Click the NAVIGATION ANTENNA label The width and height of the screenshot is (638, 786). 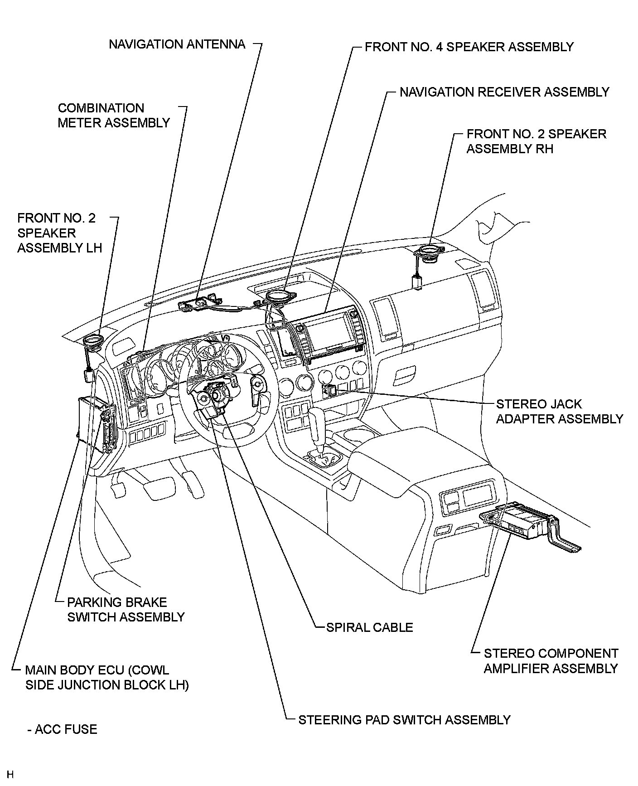[x=177, y=44]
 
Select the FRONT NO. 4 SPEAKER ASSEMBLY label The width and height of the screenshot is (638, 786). [x=469, y=47]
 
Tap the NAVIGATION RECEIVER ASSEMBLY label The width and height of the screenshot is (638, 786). [x=504, y=92]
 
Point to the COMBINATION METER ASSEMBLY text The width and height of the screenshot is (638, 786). [x=114, y=115]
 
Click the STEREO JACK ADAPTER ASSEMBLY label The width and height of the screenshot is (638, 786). [x=559, y=411]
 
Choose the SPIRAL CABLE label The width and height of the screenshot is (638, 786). [x=369, y=627]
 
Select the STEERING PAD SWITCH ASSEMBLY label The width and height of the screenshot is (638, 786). [x=404, y=719]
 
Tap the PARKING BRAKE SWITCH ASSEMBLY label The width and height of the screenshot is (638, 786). [x=126, y=610]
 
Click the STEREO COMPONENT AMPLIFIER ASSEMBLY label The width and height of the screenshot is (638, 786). [x=551, y=660]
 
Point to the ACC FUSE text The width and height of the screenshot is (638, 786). [x=62, y=729]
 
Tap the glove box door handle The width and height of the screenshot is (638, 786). [x=406, y=375]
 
